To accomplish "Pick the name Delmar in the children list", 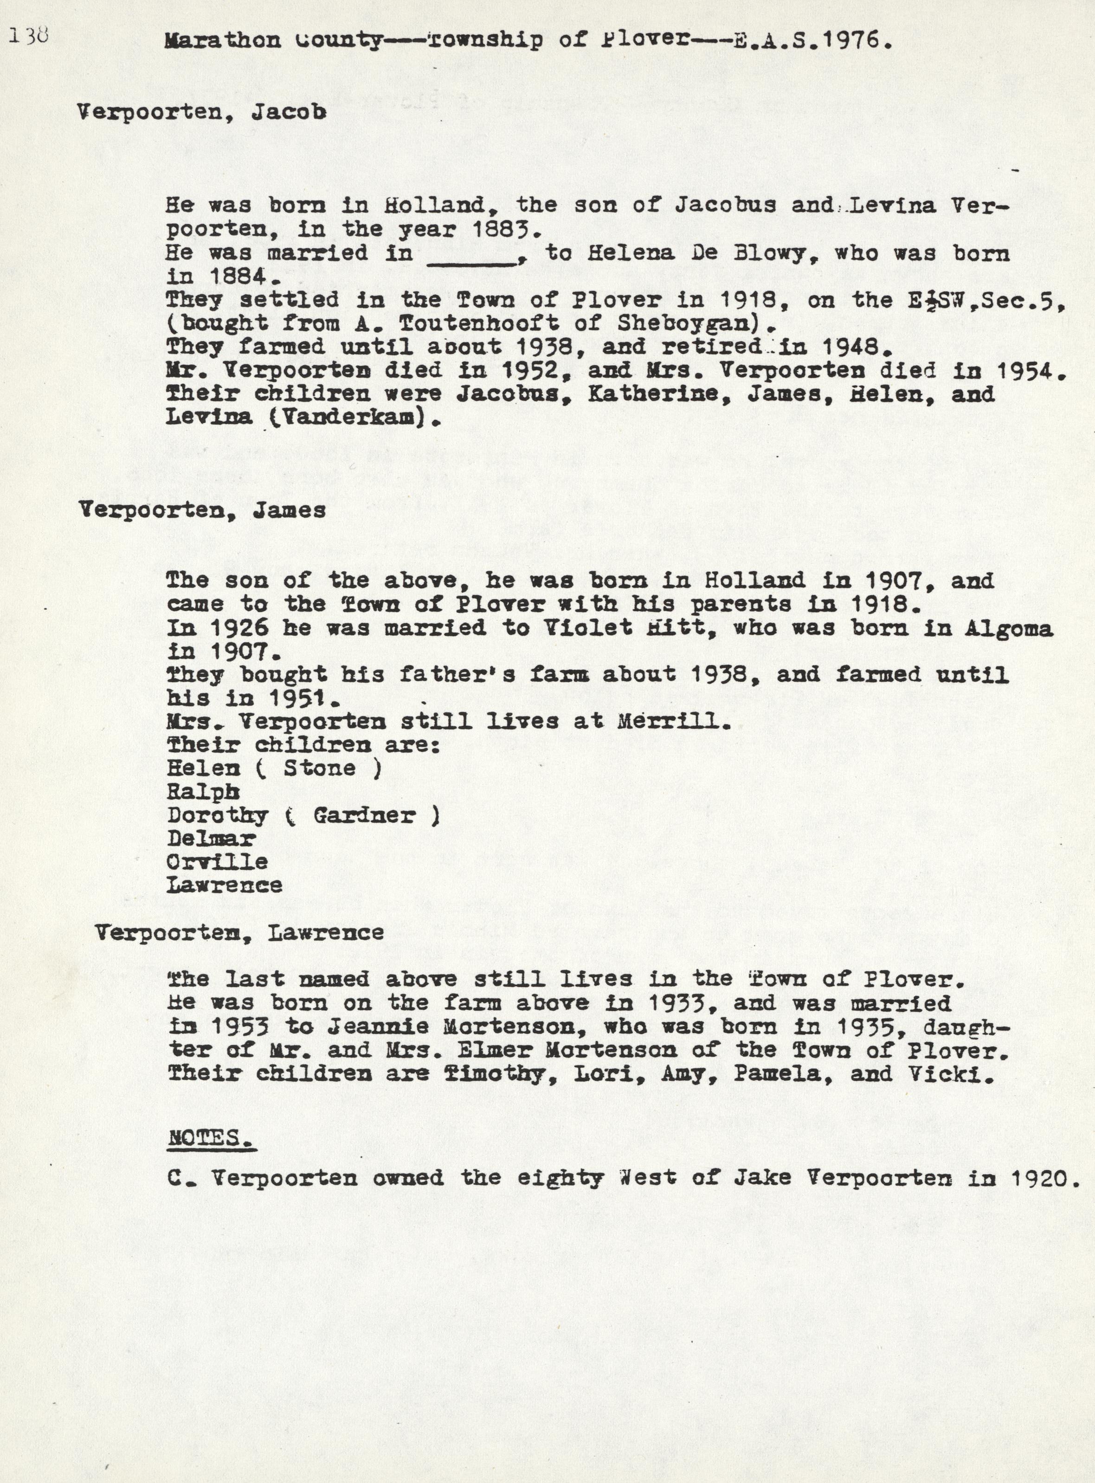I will point(211,838).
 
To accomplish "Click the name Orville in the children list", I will point(218,862).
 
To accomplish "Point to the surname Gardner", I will point(365,815).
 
